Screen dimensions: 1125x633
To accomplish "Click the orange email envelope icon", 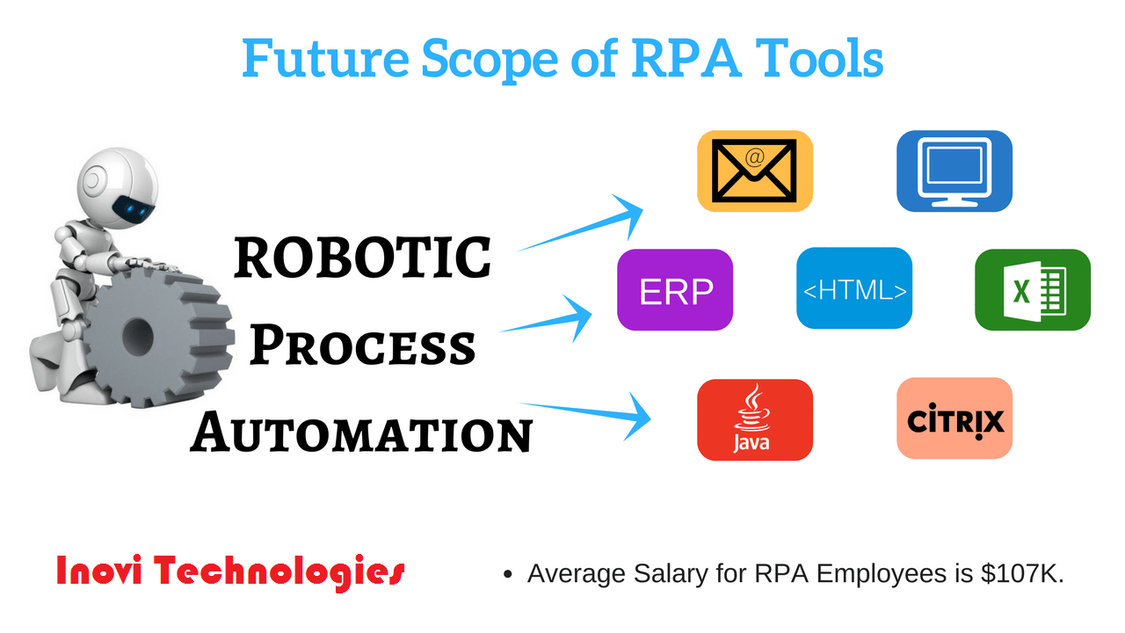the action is pos(755,171).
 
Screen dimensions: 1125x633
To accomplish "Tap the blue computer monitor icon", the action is pos(954,171).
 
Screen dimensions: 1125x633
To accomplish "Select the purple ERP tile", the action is pos(675,290).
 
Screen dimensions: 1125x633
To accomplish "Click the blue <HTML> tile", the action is pos(854,287).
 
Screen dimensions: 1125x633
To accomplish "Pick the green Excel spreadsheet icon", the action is pos(1033,290).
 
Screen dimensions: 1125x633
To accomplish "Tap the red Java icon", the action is pos(755,419).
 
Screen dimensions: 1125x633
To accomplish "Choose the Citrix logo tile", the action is pos(954,418).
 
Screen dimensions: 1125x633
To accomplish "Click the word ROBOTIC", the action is pos(362,258).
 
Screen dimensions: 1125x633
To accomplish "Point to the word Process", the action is pos(362,345).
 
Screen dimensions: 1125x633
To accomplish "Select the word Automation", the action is pos(361,432).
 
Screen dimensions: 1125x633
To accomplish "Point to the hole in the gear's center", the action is pos(137,335).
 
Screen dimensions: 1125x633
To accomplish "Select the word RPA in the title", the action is pos(686,58).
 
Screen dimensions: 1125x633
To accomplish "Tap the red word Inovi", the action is pos(99,571).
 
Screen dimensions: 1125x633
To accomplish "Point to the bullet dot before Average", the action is pos(508,574).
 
